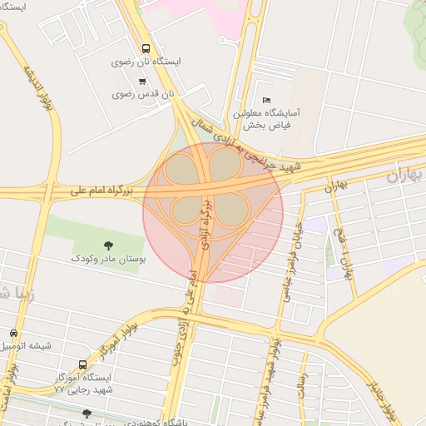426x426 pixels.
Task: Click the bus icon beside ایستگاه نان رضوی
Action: click(x=146, y=48)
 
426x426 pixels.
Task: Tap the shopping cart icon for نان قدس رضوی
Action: click(x=142, y=81)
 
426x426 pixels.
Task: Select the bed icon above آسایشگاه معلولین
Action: click(x=266, y=99)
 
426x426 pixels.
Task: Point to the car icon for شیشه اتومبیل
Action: click(x=15, y=332)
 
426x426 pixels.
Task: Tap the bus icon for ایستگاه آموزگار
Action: click(x=82, y=364)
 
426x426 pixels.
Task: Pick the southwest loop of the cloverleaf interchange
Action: click(x=185, y=211)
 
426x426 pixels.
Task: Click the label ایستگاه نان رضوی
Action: click(x=146, y=62)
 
